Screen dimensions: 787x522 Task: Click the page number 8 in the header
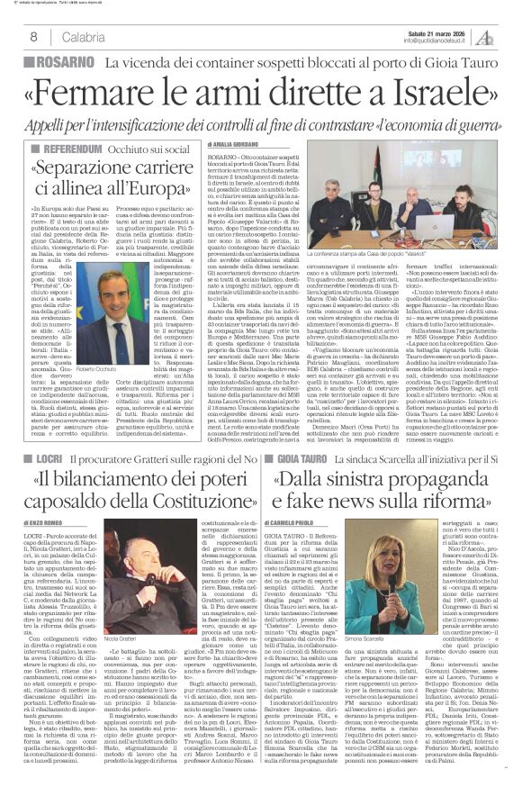(x=33, y=36)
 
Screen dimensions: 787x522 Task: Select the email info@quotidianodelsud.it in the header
(x=421, y=41)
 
